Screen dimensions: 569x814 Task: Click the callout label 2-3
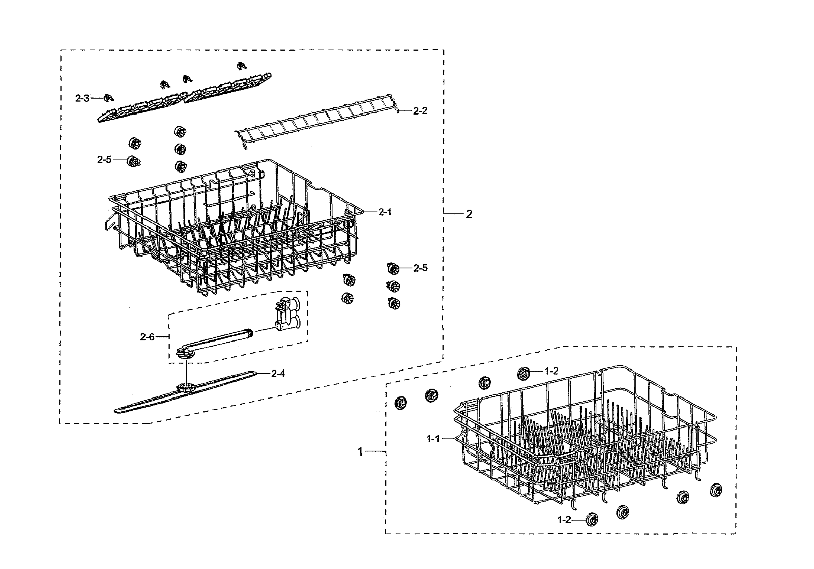(x=82, y=98)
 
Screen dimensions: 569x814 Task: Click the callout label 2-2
(x=420, y=111)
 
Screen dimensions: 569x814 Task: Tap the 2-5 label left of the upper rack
(x=104, y=159)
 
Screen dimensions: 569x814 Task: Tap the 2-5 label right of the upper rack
(x=420, y=268)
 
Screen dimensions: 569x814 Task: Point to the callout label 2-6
(x=147, y=336)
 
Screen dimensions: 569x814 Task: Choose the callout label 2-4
(x=278, y=374)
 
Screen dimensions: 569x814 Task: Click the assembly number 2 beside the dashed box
(x=469, y=214)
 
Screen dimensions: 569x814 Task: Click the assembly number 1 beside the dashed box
(x=360, y=451)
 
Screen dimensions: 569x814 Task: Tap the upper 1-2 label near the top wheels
(x=551, y=372)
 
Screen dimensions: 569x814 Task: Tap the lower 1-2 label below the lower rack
(x=565, y=520)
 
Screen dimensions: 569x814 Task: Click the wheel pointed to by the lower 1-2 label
(x=592, y=520)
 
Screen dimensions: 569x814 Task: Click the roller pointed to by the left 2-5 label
(x=134, y=161)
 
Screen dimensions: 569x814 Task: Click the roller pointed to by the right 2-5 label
(x=392, y=268)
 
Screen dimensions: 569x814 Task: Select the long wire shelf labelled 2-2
(x=315, y=122)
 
